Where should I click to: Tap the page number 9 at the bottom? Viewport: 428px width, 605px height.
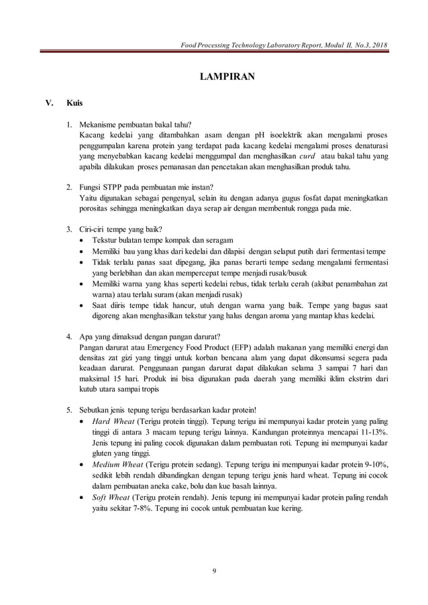click(x=213, y=571)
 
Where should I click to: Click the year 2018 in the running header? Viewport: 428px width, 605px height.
click(x=375, y=44)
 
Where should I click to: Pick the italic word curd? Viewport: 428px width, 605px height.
click(x=308, y=156)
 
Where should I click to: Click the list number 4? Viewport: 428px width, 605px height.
click(x=69, y=336)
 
